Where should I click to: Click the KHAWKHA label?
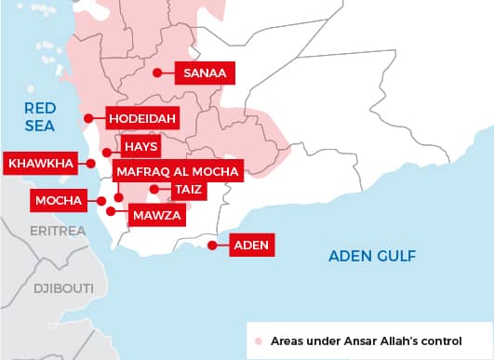point(40,164)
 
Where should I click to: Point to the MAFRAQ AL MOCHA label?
point(178,171)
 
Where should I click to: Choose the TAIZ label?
point(186,190)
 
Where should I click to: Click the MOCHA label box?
point(57,200)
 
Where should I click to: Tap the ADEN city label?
point(250,246)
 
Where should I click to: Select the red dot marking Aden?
point(212,246)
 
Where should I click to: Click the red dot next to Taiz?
point(154,190)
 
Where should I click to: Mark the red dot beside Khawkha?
point(92,164)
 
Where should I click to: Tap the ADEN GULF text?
point(371,256)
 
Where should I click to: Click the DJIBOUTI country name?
point(63,288)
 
